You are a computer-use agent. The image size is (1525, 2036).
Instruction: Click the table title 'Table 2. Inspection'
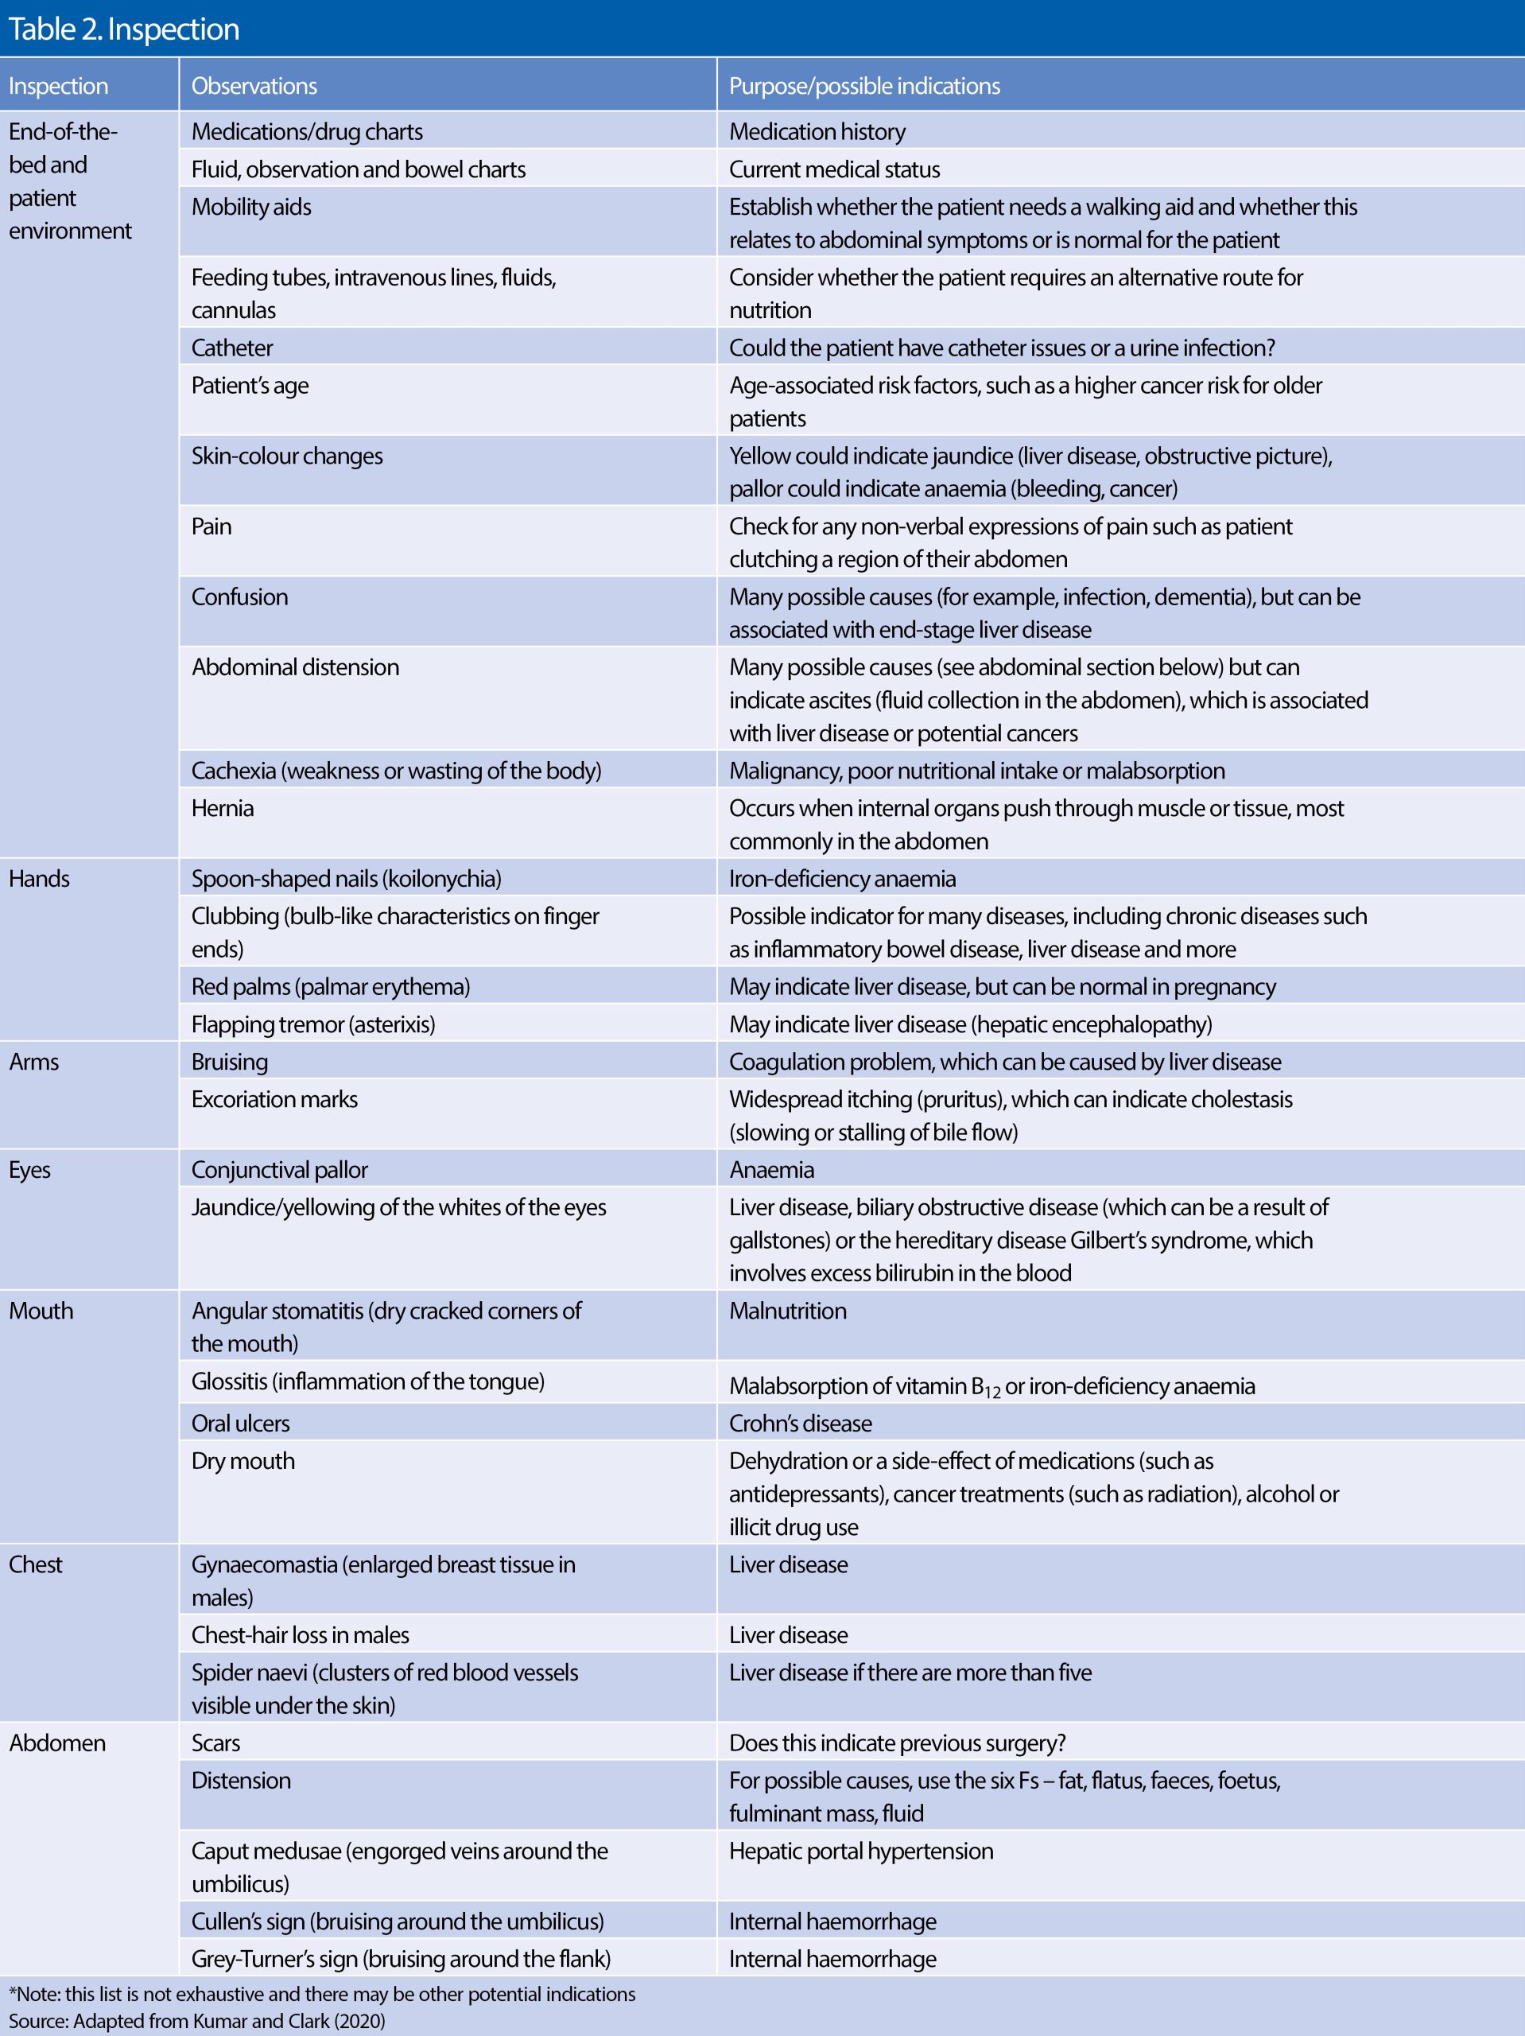[123, 29]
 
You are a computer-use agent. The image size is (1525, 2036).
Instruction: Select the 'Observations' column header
[254, 86]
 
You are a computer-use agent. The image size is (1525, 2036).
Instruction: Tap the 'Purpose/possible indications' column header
[864, 86]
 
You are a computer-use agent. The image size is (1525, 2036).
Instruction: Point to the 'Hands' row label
[40, 878]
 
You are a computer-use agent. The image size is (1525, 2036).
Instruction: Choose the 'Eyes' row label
[29, 1169]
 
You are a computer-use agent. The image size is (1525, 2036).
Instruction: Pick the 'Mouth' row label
[41, 1310]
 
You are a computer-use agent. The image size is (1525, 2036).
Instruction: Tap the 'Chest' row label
[36, 1564]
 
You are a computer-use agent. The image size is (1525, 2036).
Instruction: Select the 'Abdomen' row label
[57, 1743]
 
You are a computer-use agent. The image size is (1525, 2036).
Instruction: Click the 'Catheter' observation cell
[232, 348]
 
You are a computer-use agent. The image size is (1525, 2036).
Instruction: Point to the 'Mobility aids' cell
[251, 207]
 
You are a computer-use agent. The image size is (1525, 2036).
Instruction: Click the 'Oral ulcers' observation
[240, 1423]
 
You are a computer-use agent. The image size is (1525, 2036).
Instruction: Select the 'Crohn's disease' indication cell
[800, 1423]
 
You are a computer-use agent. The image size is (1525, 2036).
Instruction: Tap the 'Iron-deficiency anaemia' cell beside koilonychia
[842, 878]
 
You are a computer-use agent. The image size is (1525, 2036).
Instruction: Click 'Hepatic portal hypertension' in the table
[860, 1851]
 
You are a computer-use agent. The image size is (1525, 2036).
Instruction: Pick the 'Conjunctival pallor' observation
[279, 1169]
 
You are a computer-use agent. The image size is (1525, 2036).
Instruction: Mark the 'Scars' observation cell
[215, 1743]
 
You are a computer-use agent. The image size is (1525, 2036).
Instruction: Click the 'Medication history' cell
[817, 131]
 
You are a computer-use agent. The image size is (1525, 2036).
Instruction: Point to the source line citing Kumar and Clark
[197, 2020]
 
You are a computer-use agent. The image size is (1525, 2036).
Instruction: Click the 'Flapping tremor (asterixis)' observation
[313, 1024]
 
